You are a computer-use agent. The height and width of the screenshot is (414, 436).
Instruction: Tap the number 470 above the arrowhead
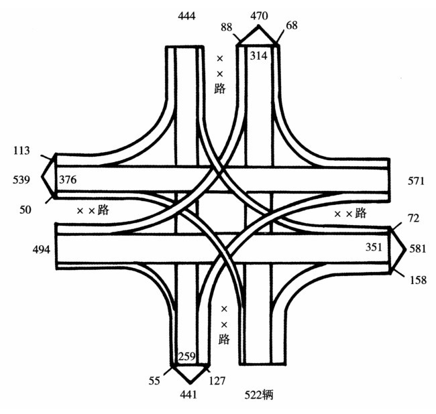pyautogui.click(x=259, y=15)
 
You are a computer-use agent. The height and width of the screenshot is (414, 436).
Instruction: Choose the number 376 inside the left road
pyautogui.click(x=68, y=180)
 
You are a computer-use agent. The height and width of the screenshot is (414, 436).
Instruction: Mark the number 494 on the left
pyautogui.click(x=42, y=250)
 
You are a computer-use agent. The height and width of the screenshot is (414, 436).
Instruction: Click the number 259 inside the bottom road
pyautogui.click(x=187, y=356)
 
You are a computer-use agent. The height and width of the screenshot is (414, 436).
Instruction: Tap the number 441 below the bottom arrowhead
pyautogui.click(x=189, y=395)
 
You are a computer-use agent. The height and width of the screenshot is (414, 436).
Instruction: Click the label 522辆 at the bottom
pyautogui.click(x=258, y=396)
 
